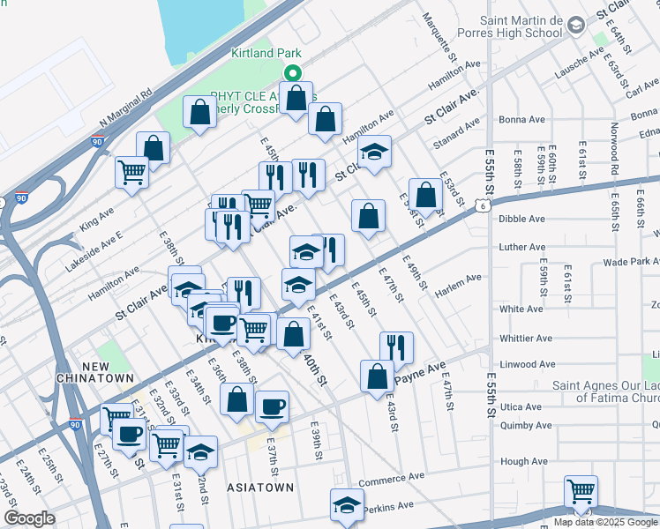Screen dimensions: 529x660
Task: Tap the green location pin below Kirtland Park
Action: [293, 75]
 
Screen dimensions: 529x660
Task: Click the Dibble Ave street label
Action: [522, 219]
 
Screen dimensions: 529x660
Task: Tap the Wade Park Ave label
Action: [630, 263]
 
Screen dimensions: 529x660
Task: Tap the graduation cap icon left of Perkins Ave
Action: [347, 504]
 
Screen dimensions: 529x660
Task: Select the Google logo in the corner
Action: [29, 518]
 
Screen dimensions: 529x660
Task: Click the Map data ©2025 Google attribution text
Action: [605, 522]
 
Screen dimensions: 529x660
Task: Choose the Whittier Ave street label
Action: [521, 337]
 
